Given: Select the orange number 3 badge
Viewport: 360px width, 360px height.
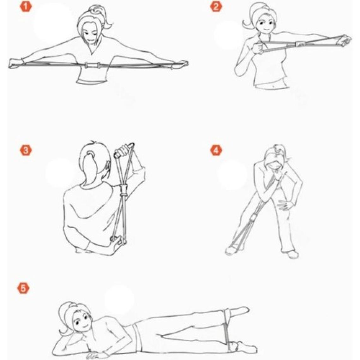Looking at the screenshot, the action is (x=26, y=150).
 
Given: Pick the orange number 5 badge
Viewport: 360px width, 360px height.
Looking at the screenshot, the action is (x=23, y=288).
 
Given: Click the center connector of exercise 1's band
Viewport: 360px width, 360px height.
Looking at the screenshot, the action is (x=93, y=65).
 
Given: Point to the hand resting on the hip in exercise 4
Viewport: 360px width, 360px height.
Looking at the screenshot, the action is (x=285, y=204).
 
